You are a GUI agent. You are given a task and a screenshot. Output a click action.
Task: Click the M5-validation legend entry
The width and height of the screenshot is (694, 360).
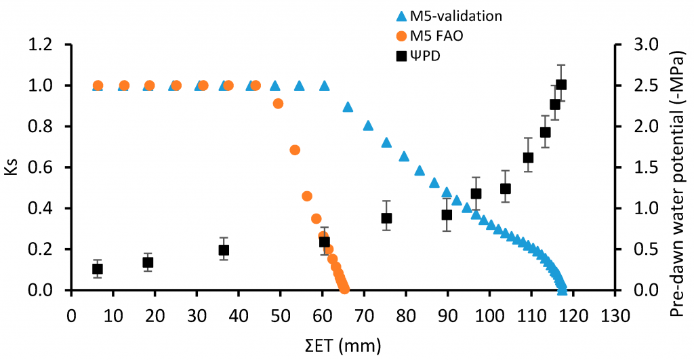(449, 16)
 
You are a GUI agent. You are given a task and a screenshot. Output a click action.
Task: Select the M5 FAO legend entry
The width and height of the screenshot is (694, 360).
(429, 36)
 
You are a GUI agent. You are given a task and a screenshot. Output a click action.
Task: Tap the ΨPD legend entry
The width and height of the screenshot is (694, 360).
(419, 56)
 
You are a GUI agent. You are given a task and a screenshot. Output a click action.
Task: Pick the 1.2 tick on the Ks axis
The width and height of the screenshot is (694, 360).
(41, 45)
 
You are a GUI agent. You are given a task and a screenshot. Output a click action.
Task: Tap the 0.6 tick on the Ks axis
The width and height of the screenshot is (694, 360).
(41, 167)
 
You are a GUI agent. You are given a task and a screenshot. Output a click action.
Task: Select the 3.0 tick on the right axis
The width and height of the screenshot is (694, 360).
(647, 45)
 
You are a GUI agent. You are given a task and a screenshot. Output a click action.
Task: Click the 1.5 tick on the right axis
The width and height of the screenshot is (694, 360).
(647, 167)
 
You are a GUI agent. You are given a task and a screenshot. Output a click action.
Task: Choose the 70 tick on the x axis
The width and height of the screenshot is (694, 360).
(364, 316)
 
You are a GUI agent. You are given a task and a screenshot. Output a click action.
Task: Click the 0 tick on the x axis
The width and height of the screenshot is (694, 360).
(72, 316)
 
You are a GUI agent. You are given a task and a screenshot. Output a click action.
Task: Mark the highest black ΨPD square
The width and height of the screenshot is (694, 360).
(561, 85)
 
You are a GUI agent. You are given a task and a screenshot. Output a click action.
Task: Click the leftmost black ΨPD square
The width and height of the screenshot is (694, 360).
(98, 268)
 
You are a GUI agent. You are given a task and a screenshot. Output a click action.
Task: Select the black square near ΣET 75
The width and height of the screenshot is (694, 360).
(386, 218)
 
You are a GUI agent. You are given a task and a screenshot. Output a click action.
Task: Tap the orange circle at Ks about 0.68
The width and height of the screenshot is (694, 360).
(295, 150)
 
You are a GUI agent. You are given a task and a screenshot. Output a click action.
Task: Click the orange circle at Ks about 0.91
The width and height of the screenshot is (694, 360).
(278, 104)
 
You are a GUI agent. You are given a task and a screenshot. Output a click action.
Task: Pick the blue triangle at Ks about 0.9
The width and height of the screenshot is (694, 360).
(348, 106)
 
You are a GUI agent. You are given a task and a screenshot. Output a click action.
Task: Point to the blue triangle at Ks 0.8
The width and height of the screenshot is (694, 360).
(368, 125)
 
